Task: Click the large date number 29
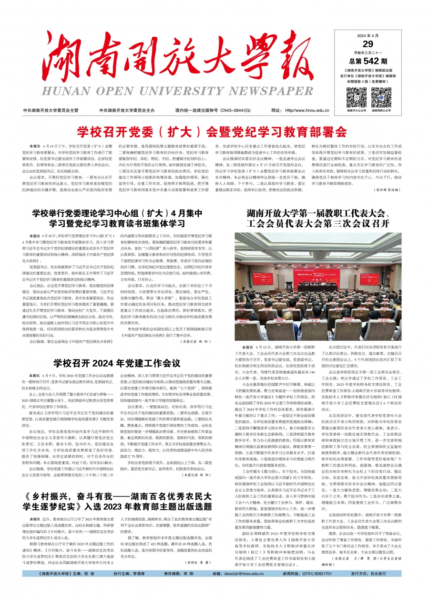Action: pyautogui.click(x=368, y=45)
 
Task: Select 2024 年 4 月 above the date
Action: pyautogui.click(x=368, y=36)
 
